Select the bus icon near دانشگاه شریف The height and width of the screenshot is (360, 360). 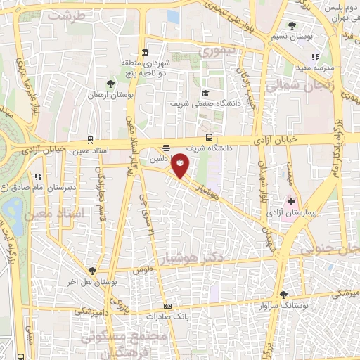click(209, 137)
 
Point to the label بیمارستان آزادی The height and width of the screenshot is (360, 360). click(288, 212)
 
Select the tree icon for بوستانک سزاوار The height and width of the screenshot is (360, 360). click(283, 295)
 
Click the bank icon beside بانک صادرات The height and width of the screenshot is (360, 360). click(167, 307)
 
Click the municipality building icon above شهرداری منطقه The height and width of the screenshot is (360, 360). click(145, 52)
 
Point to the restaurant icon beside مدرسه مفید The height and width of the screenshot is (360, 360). click(315, 57)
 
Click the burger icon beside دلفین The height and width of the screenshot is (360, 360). click(166, 148)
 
